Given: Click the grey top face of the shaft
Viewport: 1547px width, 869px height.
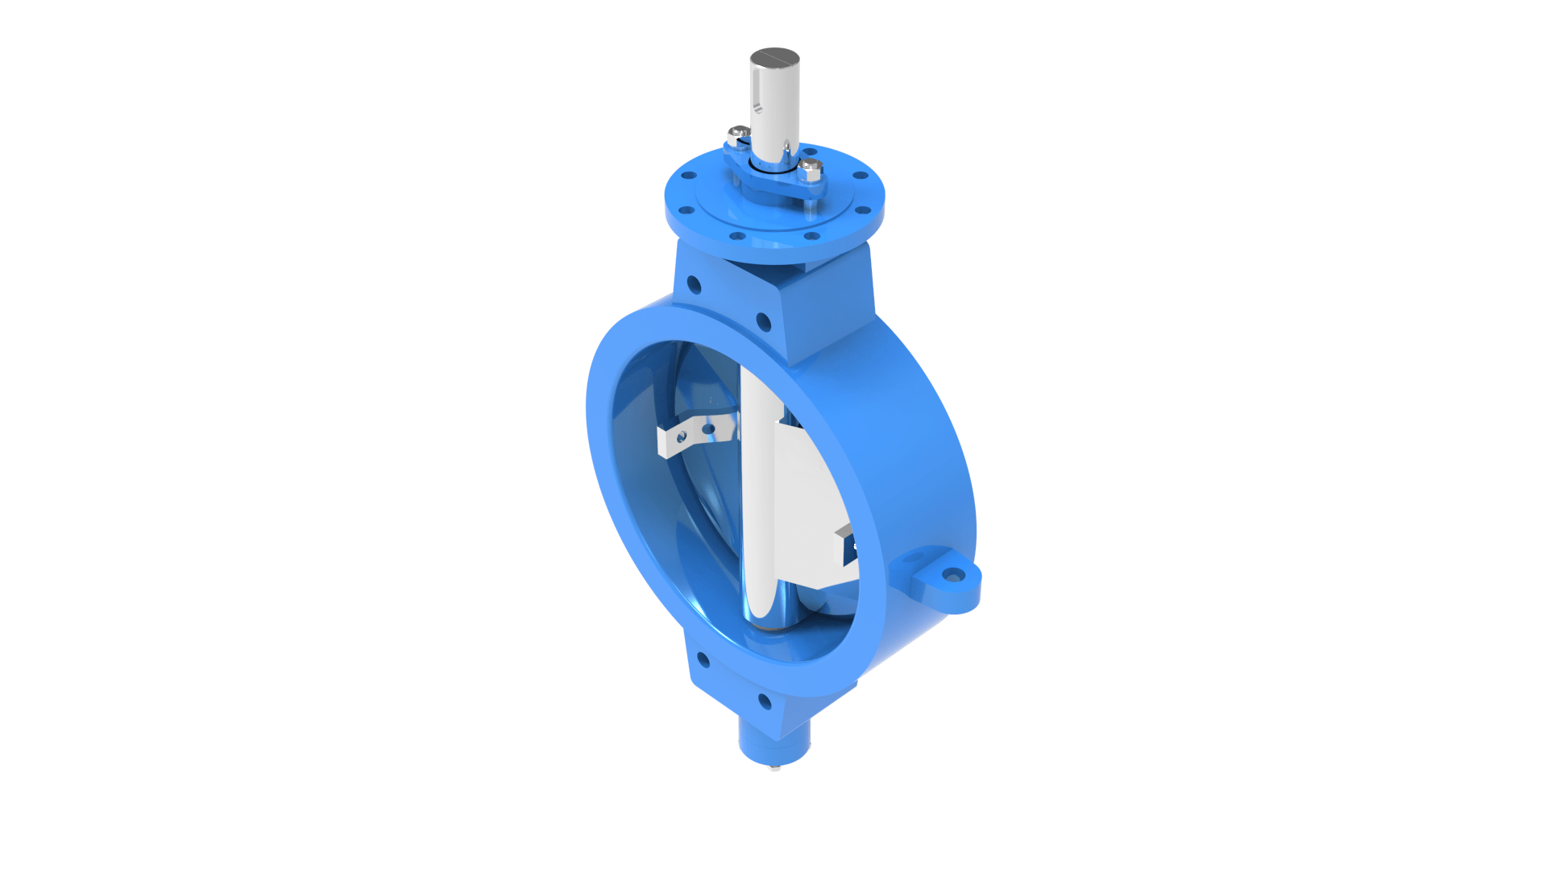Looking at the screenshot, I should pyautogui.click(x=774, y=57).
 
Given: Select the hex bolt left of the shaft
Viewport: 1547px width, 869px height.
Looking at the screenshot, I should pyautogui.click(x=738, y=134).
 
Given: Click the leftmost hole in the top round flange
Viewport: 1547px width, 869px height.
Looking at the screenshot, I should pyautogui.click(x=689, y=175).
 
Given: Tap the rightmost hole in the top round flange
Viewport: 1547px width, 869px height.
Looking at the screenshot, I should pyautogui.click(x=861, y=176).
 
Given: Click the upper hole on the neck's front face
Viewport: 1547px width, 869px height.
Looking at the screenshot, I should pyautogui.click(x=694, y=284).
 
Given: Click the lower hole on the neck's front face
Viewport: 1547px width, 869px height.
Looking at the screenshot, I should pyautogui.click(x=764, y=323).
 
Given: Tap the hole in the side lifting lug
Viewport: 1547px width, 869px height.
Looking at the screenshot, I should pyautogui.click(x=953, y=575).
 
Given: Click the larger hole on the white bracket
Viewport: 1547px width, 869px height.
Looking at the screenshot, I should pyautogui.click(x=708, y=428).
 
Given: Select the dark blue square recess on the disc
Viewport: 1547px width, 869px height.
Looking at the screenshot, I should pyautogui.click(x=850, y=552).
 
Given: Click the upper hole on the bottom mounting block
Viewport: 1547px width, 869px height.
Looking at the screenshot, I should pyautogui.click(x=703, y=660).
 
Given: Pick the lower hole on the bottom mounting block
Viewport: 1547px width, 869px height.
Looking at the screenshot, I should pyautogui.click(x=765, y=702).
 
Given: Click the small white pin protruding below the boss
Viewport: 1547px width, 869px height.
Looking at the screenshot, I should pyautogui.click(x=774, y=768).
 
